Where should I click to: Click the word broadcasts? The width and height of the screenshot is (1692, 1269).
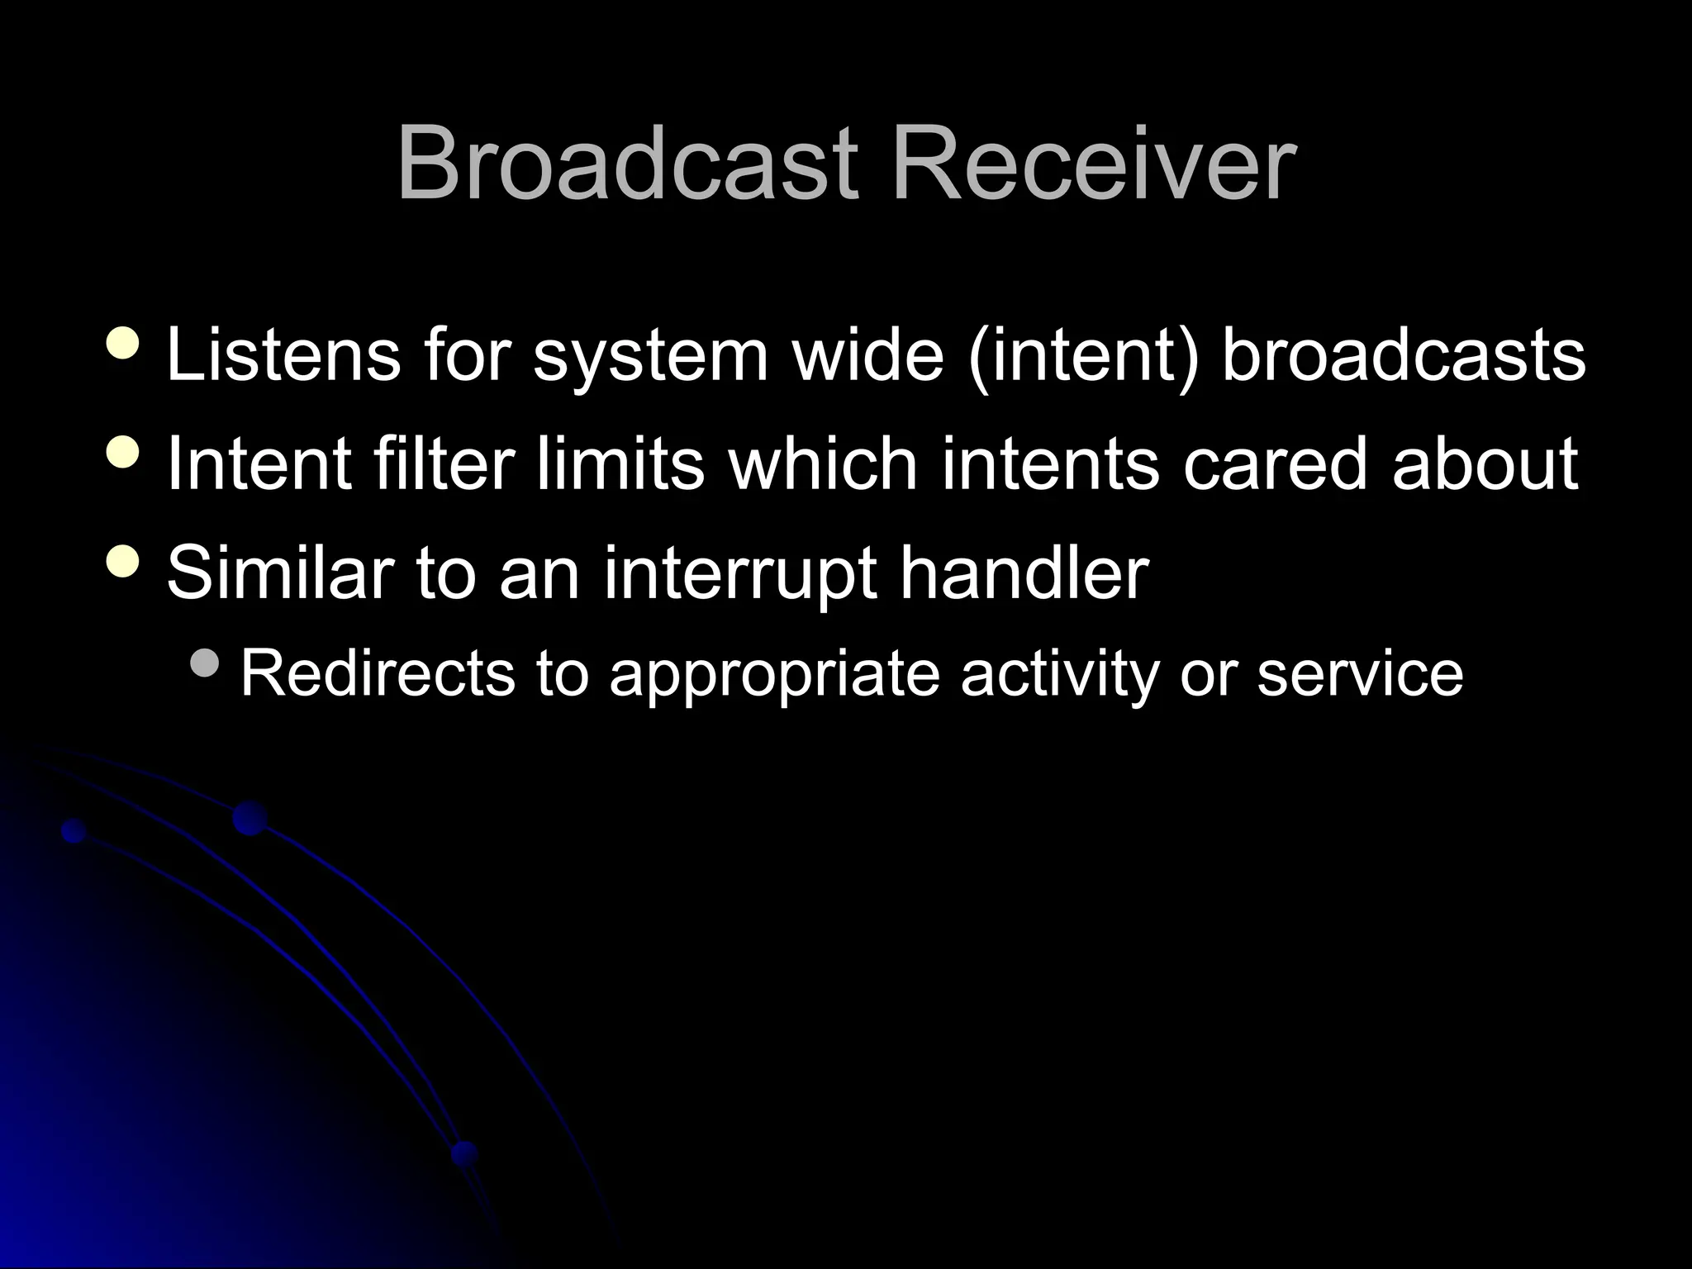point(1403,355)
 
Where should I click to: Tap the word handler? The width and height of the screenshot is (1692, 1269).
point(1024,573)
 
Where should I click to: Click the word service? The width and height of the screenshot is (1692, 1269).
point(1360,673)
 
